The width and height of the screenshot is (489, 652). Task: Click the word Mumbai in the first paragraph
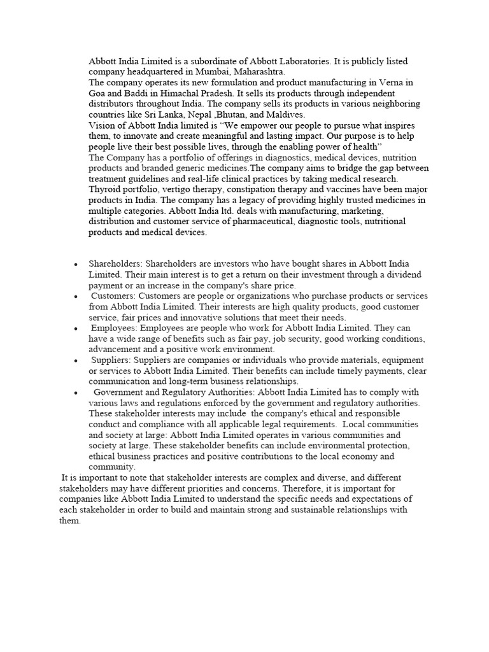[x=213, y=72]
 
